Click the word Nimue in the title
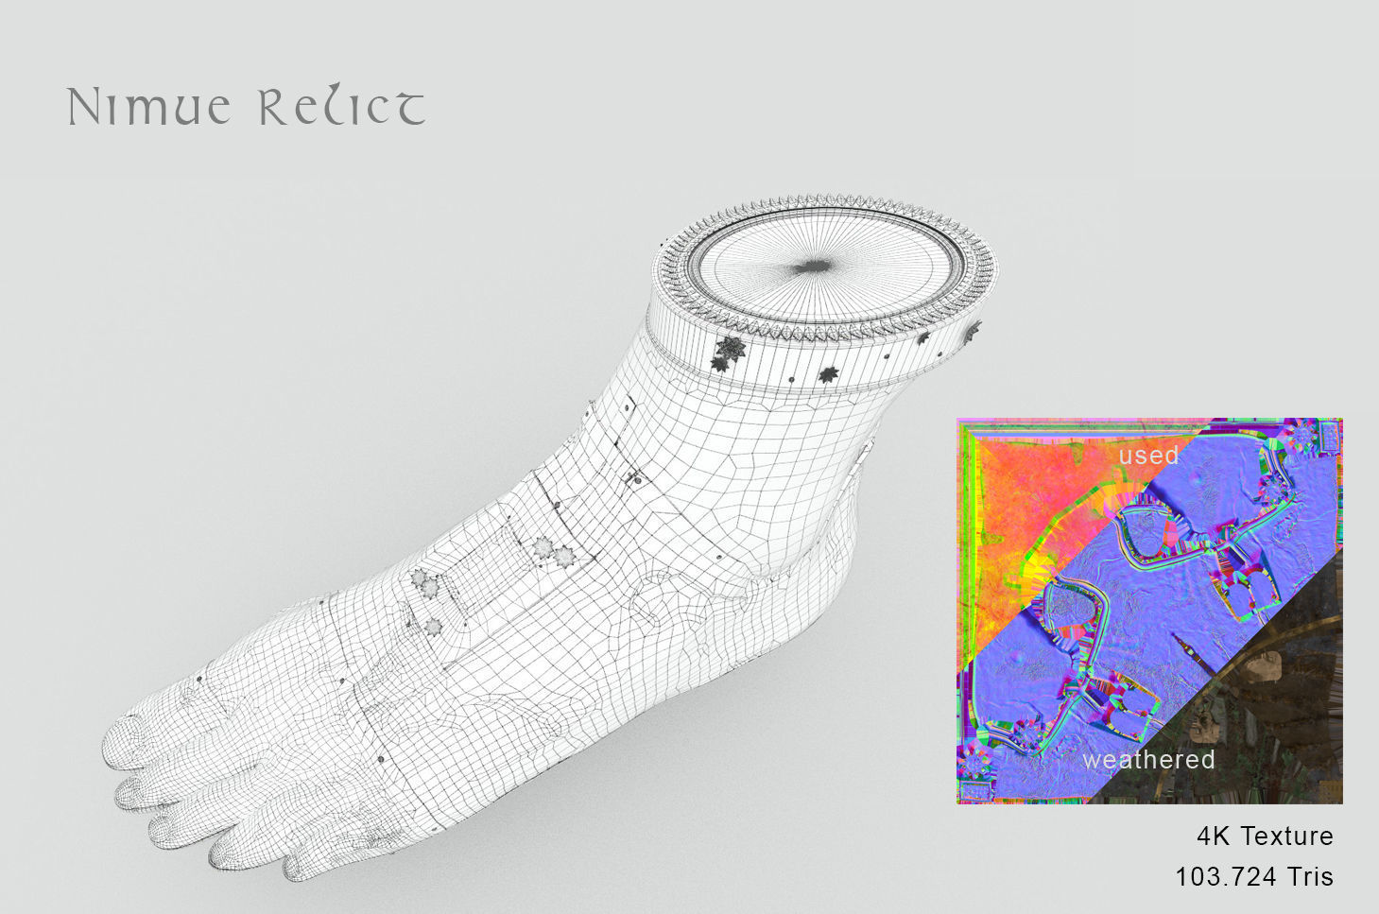coord(148,108)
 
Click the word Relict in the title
coord(341,108)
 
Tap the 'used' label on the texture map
coord(1148,456)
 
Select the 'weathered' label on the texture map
coord(1148,760)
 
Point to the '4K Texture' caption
coord(1265,836)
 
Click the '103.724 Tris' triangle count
coord(1253,877)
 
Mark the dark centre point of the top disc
coord(811,267)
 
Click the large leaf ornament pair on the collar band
coord(728,351)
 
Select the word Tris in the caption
coord(1309,877)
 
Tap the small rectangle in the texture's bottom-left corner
coord(974,788)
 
